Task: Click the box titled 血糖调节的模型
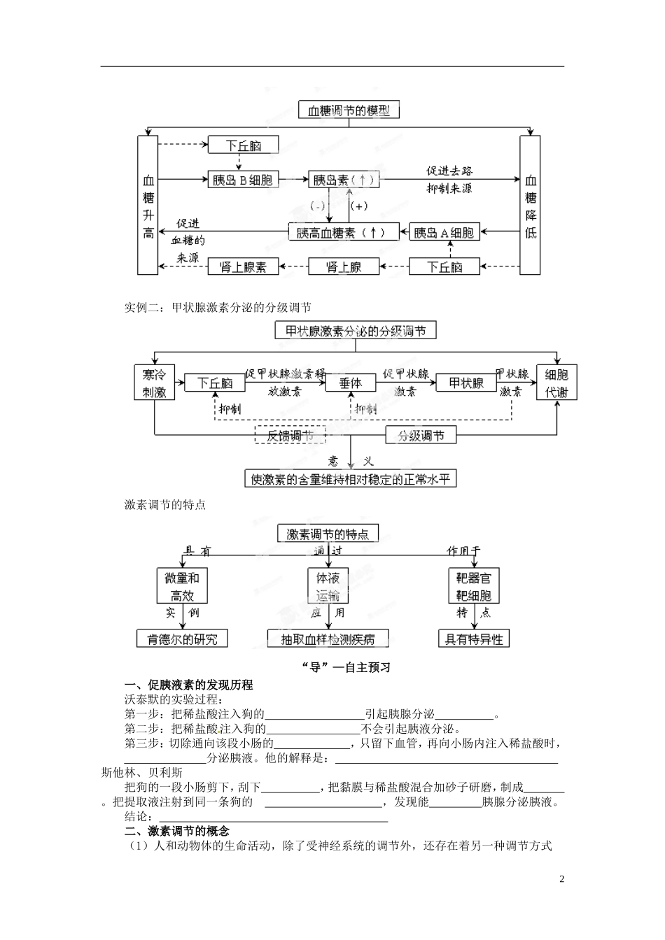pos(349,110)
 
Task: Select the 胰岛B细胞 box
pos(242,180)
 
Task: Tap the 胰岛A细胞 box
pos(443,232)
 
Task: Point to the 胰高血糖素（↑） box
pos(344,232)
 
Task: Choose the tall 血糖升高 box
pos(148,206)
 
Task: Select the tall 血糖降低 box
pos(531,206)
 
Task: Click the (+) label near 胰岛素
pos(358,206)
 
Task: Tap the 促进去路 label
pos(449,171)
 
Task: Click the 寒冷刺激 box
pos(154,383)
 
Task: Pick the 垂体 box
pos(351,383)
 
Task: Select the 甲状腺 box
pos(466,383)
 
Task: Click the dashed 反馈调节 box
pos(290,435)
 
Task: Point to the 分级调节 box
pos(421,435)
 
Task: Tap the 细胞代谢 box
pos(556,383)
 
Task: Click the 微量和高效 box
pos(182,586)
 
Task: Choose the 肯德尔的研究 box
pos(182,639)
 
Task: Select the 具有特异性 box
pos(474,639)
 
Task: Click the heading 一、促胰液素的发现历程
pos(188,685)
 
